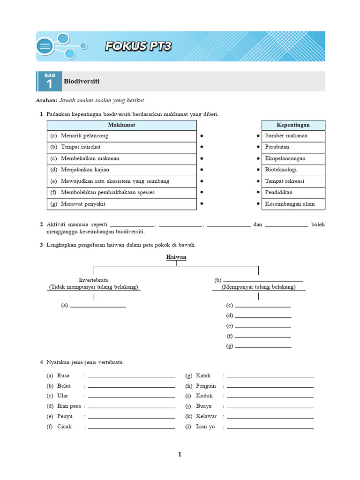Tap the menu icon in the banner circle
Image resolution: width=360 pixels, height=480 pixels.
(45, 46)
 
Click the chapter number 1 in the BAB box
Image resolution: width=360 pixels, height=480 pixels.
(49, 84)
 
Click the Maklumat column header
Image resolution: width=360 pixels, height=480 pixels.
(121, 125)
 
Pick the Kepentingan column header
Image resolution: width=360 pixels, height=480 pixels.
(293, 125)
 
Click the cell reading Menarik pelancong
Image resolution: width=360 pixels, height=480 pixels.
(84, 136)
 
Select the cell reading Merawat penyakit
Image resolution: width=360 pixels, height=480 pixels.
(83, 204)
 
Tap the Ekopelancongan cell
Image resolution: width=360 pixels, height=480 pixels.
(285, 158)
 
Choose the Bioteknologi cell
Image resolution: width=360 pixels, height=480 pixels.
(281, 170)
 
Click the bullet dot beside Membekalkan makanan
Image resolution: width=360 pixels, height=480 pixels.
(202, 158)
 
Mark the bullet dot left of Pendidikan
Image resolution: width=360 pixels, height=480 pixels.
(258, 193)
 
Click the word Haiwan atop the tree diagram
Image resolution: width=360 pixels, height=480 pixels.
(176, 257)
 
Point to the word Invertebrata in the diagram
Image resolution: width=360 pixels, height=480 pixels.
(93, 280)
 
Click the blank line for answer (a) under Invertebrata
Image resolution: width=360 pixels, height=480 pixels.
(97, 306)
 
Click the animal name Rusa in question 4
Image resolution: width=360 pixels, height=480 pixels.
(63, 376)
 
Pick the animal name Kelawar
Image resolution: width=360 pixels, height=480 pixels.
(207, 417)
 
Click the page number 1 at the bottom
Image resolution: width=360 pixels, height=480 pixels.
(180, 454)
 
